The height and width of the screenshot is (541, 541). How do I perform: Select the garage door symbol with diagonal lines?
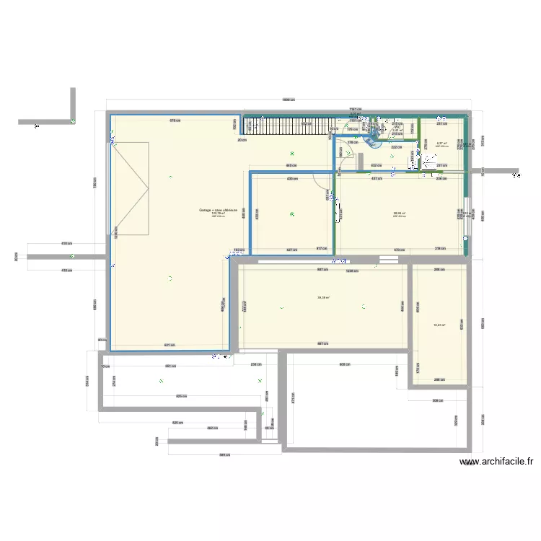[130, 189]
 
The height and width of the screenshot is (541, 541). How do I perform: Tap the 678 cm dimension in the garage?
[174, 120]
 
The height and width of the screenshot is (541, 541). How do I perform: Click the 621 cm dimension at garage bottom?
[170, 346]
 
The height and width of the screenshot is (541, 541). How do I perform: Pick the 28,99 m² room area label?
[399, 213]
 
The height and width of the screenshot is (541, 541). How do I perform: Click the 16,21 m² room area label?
[439, 325]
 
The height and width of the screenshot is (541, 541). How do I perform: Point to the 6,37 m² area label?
[441, 144]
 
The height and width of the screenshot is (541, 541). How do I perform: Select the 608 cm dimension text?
[345, 364]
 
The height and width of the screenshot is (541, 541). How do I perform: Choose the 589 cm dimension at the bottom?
[224, 454]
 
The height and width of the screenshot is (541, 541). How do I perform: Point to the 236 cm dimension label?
[255, 364]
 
